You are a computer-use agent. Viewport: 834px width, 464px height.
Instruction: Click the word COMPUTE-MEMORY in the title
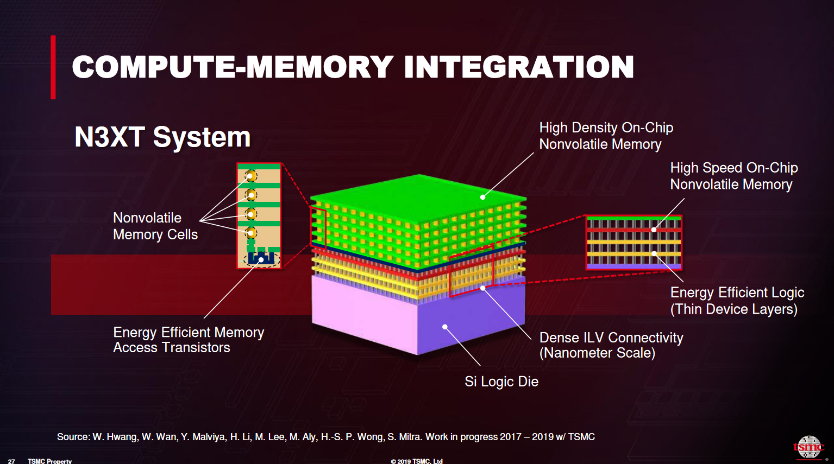point(233,67)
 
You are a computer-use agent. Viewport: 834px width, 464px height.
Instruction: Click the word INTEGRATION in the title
point(519,67)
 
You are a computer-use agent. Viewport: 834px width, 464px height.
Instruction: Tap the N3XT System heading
point(162,137)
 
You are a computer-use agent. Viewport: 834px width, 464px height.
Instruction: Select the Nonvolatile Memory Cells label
point(155,226)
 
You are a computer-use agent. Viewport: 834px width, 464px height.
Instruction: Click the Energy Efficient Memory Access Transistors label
point(189,340)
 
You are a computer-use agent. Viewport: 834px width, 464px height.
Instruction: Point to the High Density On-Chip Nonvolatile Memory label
point(606,136)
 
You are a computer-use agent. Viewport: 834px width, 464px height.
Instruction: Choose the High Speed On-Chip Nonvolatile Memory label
point(733,176)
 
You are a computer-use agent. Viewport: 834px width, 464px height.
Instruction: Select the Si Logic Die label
point(501,382)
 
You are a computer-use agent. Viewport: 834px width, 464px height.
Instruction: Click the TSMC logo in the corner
point(808,447)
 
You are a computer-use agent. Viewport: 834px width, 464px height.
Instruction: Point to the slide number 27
point(11,461)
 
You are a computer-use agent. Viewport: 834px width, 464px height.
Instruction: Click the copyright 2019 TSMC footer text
point(417,461)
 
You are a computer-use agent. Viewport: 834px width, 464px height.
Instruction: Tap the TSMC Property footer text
point(49,461)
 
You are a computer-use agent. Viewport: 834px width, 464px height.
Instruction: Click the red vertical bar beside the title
point(53,67)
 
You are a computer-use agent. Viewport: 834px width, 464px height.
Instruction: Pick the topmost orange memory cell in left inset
point(250,176)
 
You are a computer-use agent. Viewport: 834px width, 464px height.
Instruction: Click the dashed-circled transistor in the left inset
point(261,258)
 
